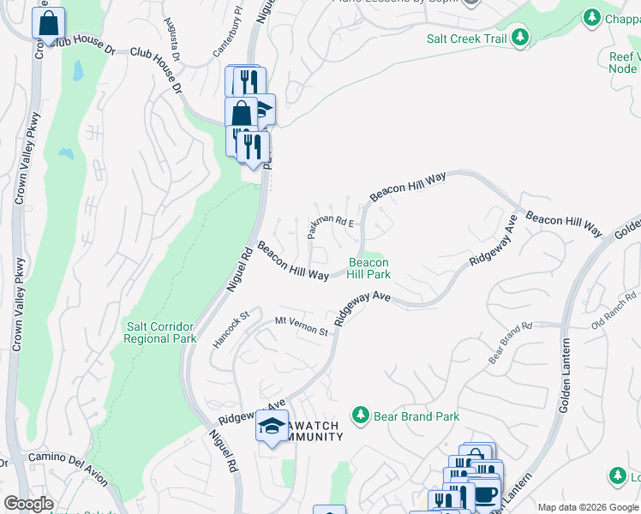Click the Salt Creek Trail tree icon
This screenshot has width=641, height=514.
click(519, 38)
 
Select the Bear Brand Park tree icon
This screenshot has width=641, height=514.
click(361, 415)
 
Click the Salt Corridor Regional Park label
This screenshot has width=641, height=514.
click(160, 333)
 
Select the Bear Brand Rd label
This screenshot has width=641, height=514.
click(511, 343)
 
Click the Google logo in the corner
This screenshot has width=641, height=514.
click(28, 504)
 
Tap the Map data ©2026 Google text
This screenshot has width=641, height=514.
click(588, 507)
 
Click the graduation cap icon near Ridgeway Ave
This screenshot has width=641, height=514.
click(272, 426)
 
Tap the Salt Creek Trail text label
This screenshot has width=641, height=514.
click(466, 39)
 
